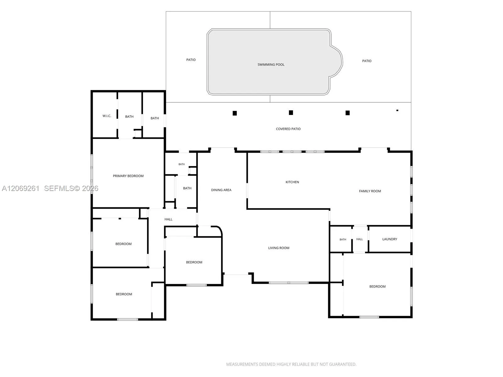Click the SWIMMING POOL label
tap(271, 64)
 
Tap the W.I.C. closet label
tap(107, 116)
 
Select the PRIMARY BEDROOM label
tap(128, 176)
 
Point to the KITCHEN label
tap(292, 182)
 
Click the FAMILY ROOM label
tap(370, 191)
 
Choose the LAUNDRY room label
tap(390, 239)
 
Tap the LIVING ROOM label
tap(279, 248)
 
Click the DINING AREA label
tap(221, 190)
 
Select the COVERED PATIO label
tap(288, 129)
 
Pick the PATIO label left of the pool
tap(191, 60)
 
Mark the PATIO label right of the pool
tap(367, 61)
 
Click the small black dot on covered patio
tap(397, 110)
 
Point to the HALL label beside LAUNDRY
tap(359, 239)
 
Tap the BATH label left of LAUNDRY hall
tap(343, 239)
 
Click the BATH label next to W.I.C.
tap(129, 117)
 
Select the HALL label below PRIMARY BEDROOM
tap(168, 219)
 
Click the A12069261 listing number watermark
tap(21, 188)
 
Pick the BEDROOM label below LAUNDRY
tap(377, 286)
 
